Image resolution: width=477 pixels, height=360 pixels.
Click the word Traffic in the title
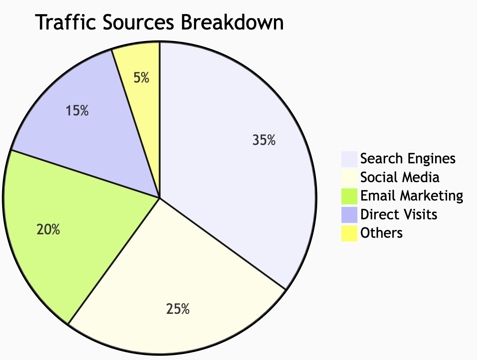pos(64,23)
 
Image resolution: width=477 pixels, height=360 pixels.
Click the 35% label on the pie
pos(264,140)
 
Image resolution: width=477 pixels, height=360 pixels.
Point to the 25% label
pos(178,309)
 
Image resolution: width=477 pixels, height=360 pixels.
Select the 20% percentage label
pos(48,230)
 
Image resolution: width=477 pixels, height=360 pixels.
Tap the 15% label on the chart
pos(77,111)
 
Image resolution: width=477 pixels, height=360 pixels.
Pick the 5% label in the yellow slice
pos(141,78)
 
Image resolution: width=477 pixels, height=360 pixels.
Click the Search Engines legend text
pos(408,159)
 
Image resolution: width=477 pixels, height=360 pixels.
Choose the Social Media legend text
pos(400,177)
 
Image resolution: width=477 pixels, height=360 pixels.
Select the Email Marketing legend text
pos(412,196)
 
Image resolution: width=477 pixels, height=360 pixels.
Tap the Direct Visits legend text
pos(399,214)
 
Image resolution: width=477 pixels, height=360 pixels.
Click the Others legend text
pos(381,233)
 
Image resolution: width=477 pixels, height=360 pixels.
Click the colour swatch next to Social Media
pos(349,177)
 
